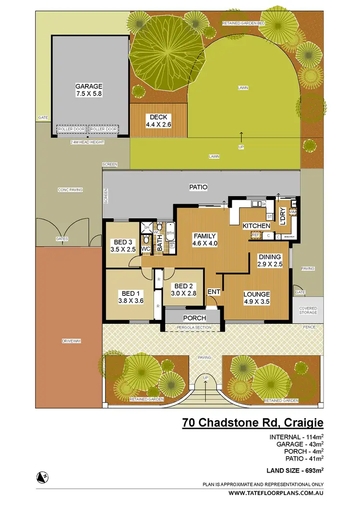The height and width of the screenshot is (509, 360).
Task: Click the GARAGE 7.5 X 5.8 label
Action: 89,90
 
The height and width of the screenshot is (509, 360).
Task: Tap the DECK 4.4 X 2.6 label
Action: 158,120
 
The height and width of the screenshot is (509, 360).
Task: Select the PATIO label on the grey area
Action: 198,188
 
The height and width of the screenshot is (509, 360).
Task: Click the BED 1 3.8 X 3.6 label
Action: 129,297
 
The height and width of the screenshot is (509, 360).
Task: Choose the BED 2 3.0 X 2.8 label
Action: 183,290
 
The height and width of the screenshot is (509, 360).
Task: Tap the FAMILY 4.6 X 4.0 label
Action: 205,239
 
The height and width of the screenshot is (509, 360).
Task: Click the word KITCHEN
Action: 256,225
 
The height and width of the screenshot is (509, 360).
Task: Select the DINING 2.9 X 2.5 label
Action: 269,261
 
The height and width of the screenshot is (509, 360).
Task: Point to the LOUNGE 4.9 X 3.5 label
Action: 256,298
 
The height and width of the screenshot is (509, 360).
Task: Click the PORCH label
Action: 194,318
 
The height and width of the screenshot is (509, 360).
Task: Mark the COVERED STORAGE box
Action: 308,310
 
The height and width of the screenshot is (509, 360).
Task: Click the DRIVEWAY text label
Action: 71,341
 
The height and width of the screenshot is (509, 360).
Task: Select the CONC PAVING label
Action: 70,190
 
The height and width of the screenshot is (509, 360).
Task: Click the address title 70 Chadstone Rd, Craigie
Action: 252,423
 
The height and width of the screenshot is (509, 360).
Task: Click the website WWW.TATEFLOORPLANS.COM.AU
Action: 276,493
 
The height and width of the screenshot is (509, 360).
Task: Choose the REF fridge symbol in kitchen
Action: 255,235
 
